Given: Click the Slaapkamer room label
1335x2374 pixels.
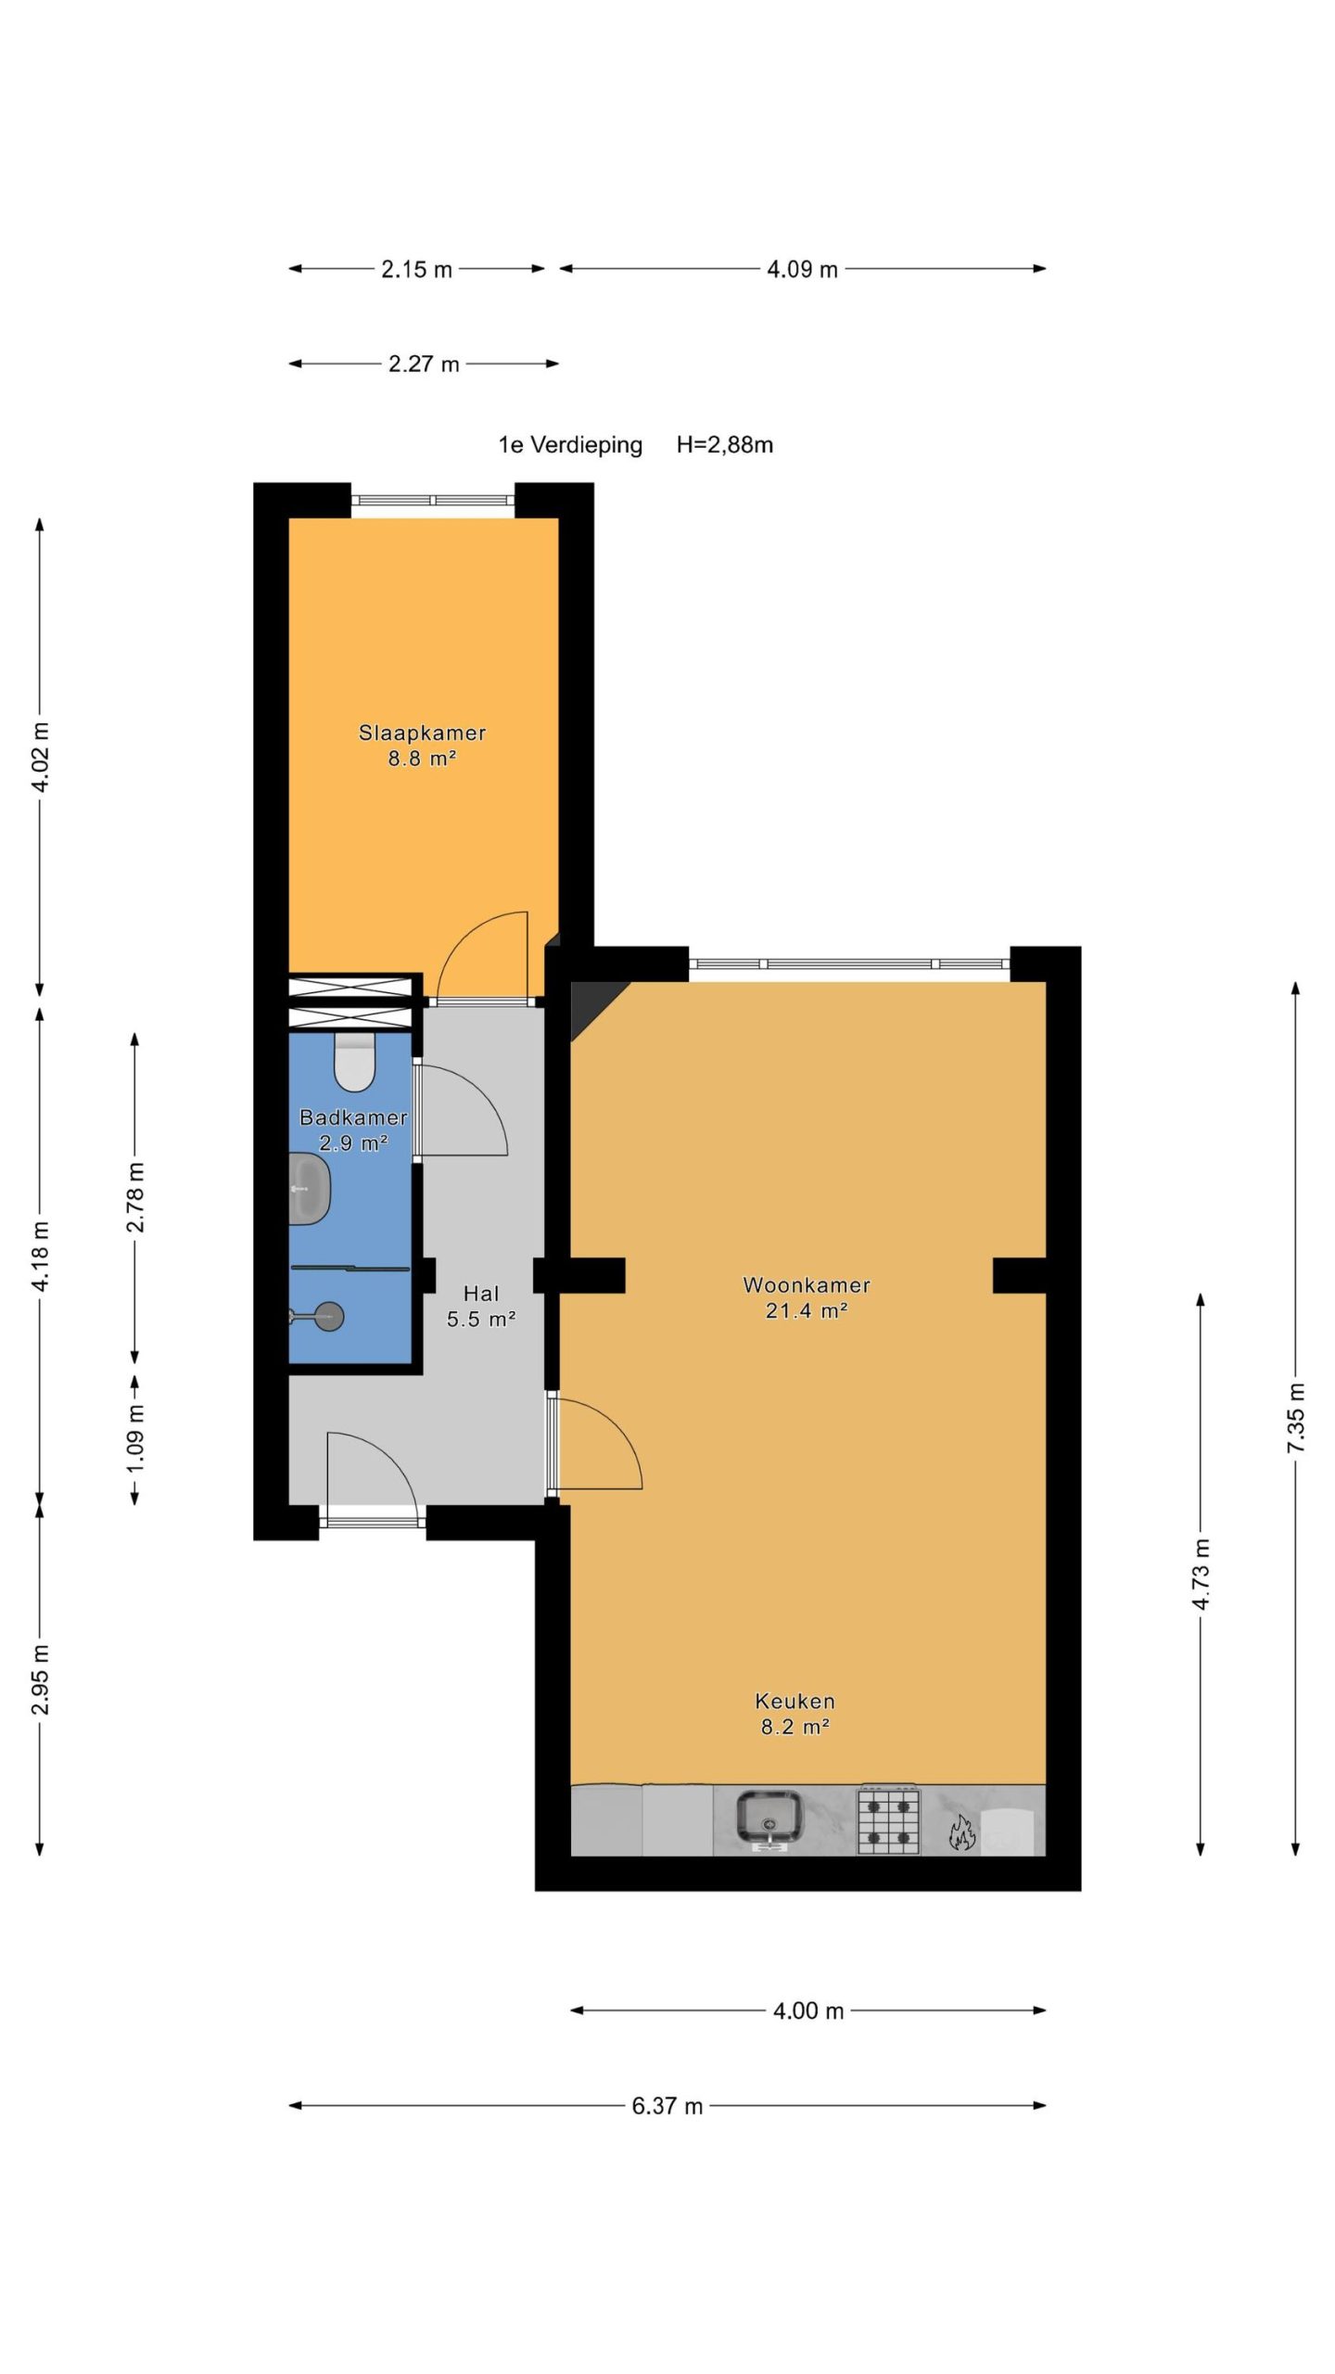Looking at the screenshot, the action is (422, 733).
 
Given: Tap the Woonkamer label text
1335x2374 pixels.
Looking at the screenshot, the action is (807, 1285).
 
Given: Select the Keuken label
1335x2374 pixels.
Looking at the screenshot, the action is (795, 1702).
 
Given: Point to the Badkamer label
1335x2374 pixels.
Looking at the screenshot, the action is (353, 1117).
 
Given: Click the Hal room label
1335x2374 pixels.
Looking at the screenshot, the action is (481, 1294).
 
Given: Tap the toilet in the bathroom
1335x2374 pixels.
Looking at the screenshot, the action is (353, 1063).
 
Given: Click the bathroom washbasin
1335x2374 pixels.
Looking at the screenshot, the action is (310, 1189).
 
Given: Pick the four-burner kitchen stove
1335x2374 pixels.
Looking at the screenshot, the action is (888, 1820).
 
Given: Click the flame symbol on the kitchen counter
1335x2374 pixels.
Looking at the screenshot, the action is (961, 1832).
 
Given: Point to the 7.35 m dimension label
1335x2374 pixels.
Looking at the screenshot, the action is (1296, 1418).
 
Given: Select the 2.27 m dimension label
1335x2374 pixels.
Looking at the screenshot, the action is (424, 364).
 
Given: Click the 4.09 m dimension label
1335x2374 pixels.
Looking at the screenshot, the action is (802, 269).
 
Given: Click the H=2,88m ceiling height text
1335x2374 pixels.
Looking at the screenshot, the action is (725, 445).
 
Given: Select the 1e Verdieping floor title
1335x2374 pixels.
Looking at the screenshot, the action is (570, 445).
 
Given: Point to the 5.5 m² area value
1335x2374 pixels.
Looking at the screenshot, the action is (481, 1319).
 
